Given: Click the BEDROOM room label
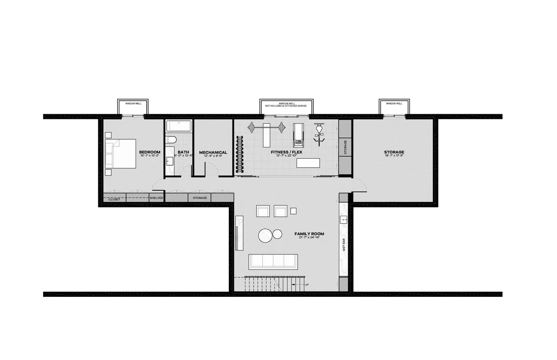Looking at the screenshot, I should [x=149, y=152].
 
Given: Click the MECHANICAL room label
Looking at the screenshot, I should [x=213, y=152].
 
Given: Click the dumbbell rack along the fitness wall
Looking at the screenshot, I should [x=240, y=154].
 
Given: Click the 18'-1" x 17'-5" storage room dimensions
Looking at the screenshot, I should [x=394, y=156].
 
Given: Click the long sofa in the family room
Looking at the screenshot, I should [x=273, y=262].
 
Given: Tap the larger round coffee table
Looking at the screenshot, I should [x=266, y=236].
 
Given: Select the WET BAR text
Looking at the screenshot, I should [x=343, y=244].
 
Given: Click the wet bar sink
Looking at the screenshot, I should [x=344, y=220].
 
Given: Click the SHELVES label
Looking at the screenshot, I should [x=156, y=198].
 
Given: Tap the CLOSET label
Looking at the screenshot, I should [x=114, y=199].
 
